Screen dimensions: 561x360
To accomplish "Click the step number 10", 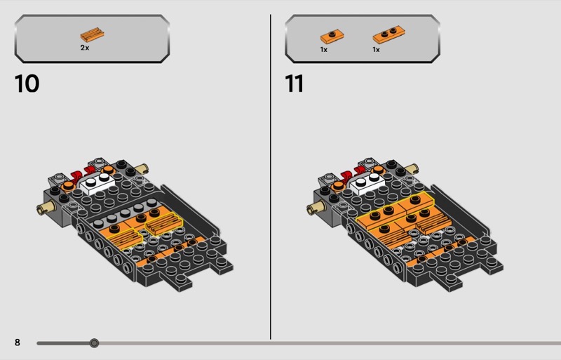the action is pos(27,84).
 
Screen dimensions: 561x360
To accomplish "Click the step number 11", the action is pos(295,84).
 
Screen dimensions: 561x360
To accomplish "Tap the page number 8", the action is pos(17,342).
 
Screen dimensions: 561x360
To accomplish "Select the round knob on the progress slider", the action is pos(94,343).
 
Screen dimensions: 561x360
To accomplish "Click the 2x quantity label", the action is pos(85,48).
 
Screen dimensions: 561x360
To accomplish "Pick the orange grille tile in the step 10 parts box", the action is pos(92,35).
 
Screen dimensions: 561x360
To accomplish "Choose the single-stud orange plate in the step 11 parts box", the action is pos(332,36).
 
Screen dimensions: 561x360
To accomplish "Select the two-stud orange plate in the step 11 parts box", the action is pos(389,34).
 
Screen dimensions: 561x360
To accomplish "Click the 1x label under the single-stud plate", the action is pos(324,50).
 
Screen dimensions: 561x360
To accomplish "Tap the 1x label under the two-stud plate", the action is pos(376,50).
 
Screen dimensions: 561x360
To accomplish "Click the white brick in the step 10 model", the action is pos(97,183).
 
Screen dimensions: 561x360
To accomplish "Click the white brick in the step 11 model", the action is pos(367,183).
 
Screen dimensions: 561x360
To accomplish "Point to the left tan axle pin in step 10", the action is pos(47,208).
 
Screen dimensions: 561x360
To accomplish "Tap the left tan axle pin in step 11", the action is pos(317,208).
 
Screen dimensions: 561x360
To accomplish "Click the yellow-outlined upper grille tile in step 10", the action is pos(164,224).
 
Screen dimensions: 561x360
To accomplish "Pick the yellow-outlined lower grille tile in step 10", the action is pos(126,239).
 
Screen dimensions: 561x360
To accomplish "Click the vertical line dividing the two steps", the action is pos(271,177).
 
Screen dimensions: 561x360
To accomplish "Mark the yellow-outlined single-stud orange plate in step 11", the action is pos(417,201).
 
